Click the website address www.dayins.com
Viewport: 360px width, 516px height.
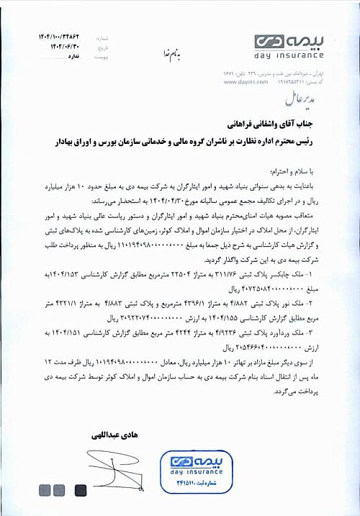coord(242,83)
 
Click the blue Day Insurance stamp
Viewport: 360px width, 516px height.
coord(193,471)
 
